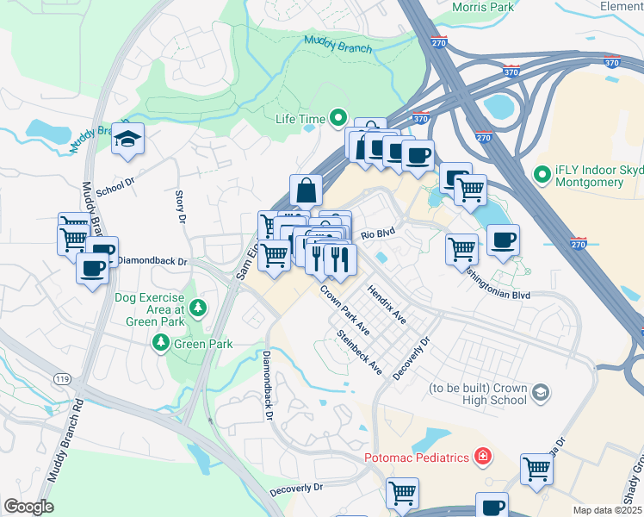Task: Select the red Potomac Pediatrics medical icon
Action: click(x=484, y=456)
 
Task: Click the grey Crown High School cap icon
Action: click(x=540, y=394)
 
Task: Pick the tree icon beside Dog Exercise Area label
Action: click(x=199, y=308)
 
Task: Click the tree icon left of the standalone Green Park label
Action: click(x=160, y=344)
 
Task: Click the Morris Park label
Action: click(x=483, y=7)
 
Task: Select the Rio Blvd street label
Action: click(x=377, y=234)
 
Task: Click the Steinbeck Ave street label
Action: click(x=360, y=352)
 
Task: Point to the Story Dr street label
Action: click(x=181, y=208)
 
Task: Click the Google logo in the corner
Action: click(x=28, y=507)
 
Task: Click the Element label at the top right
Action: click(x=621, y=6)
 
